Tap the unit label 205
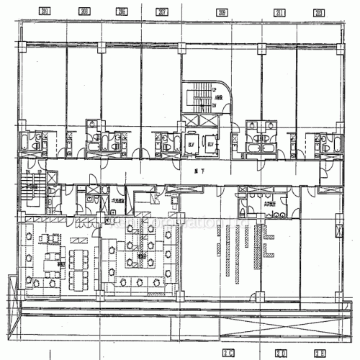[122, 12]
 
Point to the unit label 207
[163, 12]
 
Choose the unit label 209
[221, 12]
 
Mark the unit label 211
[279, 12]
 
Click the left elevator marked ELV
[192, 143]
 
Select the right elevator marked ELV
[210, 143]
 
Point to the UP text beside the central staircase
[215, 89]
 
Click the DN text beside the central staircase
[215, 104]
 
